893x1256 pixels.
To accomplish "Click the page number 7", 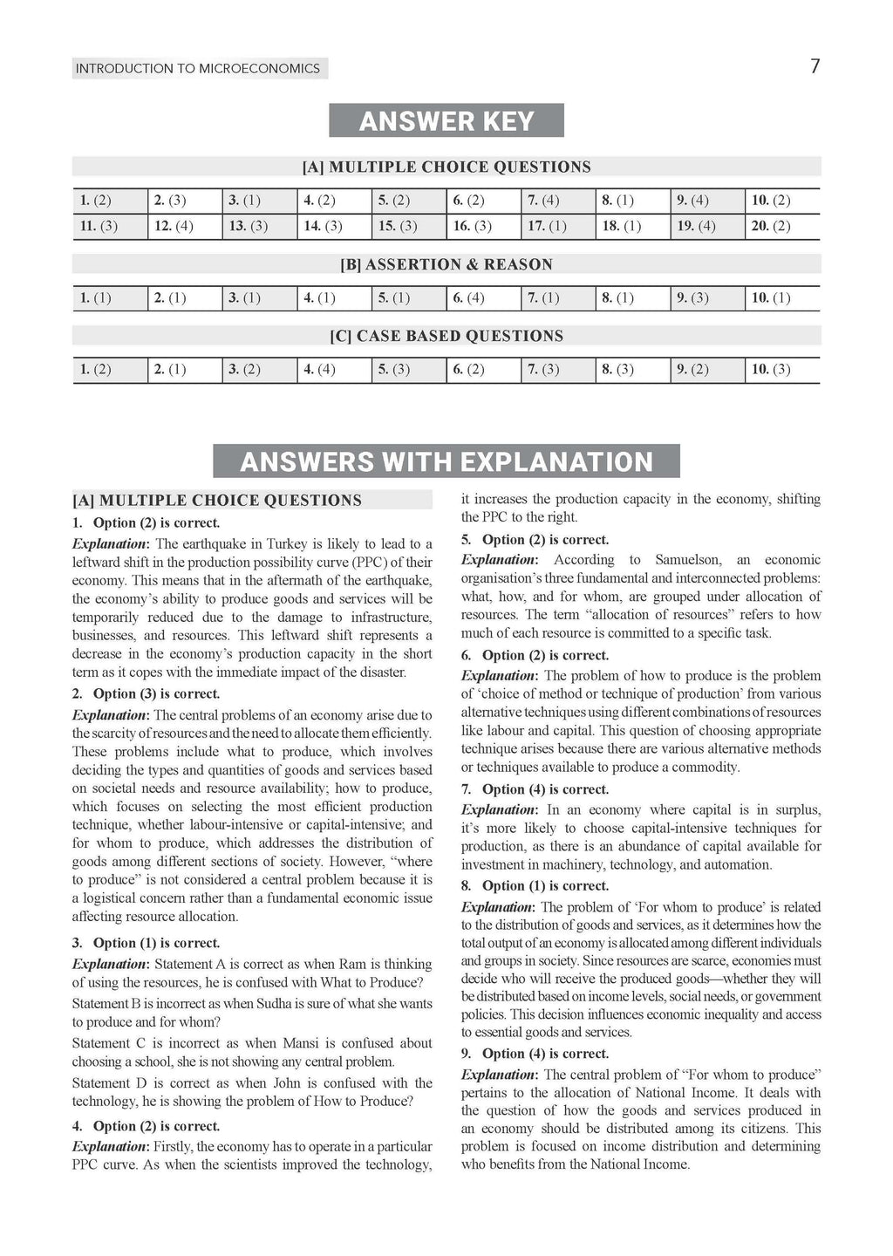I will tap(815, 67).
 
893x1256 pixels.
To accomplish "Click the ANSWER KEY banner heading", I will tap(446, 120).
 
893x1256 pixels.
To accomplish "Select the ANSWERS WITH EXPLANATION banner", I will tap(446, 461).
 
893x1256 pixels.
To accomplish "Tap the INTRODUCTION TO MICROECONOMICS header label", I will tap(199, 68).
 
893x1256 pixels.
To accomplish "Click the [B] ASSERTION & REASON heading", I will tap(446, 264).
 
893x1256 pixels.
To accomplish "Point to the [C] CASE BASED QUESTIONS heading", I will tap(446, 336).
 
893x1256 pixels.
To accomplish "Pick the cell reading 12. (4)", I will tap(174, 227).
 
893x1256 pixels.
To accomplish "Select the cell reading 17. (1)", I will tap(547, 227).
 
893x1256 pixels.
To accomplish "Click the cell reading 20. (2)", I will tap(771, 227).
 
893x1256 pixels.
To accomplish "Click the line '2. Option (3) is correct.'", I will tap(146, 694).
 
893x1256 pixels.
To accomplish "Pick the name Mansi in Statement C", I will tap(303, 1043).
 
